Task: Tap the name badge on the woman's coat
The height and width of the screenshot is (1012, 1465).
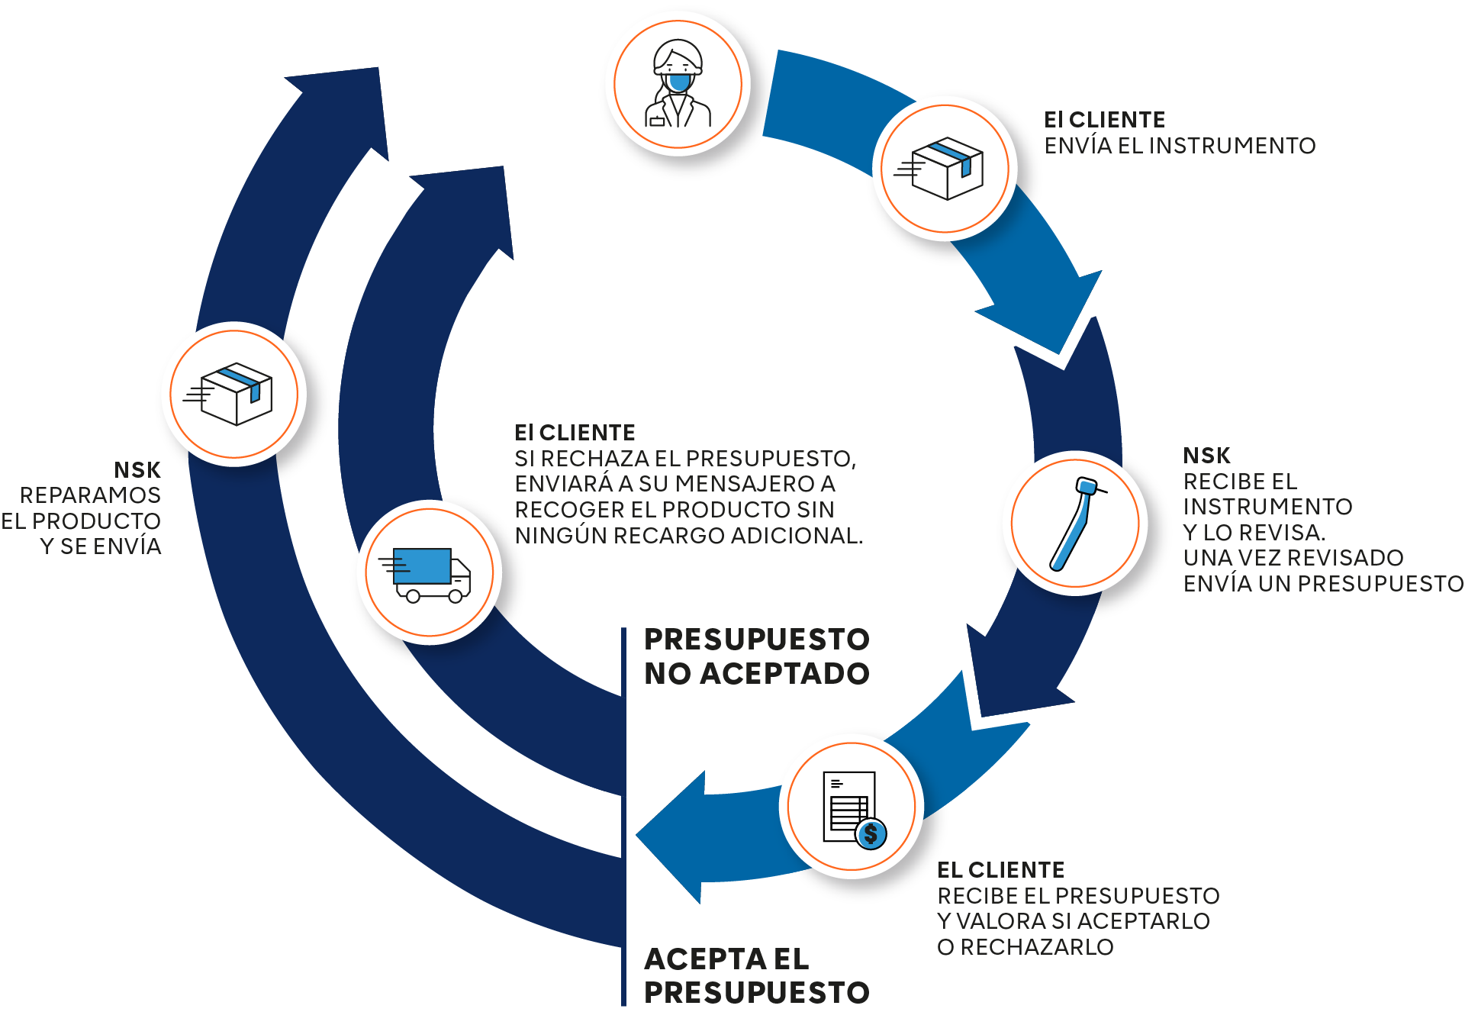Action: pos(656,120)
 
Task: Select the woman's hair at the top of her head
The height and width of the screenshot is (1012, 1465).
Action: pos(678,50)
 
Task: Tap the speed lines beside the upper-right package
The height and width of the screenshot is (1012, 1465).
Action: pos(908,169)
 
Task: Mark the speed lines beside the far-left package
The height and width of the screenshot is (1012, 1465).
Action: pos(198,394)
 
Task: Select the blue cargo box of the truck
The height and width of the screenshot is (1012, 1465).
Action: pos(422,566)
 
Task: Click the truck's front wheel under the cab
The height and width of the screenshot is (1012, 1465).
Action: pos(456,596)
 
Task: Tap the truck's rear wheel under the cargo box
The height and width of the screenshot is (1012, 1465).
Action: pos(413,596)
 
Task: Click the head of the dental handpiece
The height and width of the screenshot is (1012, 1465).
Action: pos(1086,487)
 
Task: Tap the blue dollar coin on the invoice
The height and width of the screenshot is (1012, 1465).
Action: pos(871,834)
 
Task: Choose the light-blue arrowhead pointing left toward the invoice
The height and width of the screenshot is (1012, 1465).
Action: pos(671,840)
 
